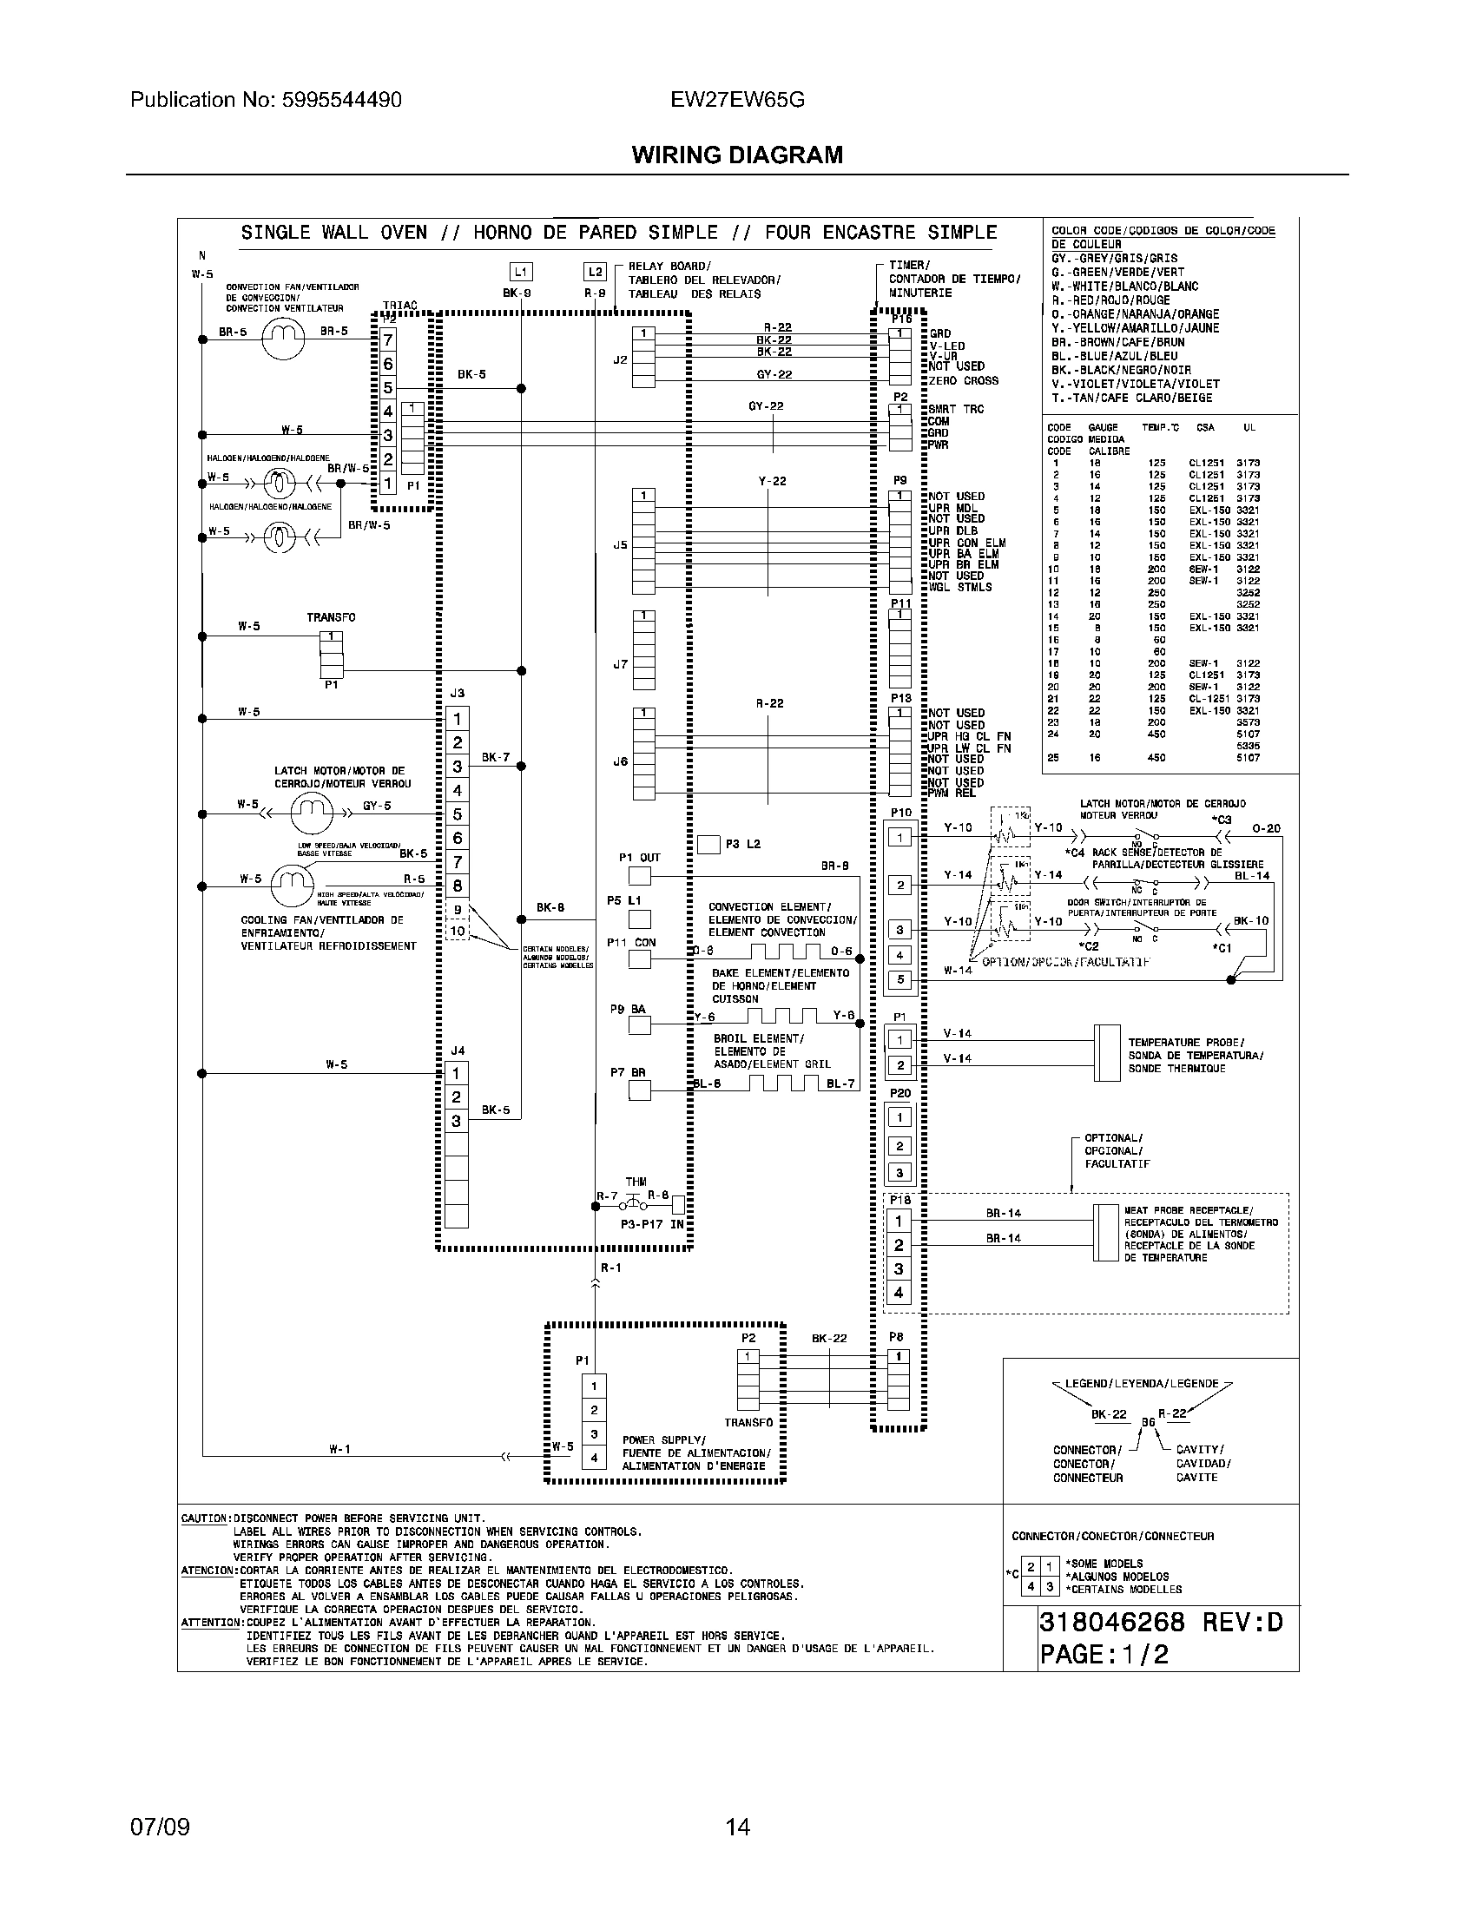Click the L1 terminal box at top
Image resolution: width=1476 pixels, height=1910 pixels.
(521, 272)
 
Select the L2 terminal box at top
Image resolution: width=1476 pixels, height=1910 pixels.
(595, 272)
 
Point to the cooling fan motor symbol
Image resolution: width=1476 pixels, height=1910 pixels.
(291, 885)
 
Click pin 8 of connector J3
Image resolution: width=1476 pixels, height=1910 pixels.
(457, 886)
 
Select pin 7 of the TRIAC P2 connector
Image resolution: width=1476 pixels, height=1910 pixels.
(388, 339)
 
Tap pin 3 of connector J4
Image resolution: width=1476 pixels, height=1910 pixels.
(456, 1121)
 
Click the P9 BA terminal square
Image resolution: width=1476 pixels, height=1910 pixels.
(640, 1025)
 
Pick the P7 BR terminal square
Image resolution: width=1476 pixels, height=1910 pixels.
(640, 1090)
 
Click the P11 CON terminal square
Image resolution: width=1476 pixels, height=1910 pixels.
(640, 959)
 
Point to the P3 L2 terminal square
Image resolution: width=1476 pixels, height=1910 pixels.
(708, 845)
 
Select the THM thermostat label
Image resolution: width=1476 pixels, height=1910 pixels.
(636, 1182)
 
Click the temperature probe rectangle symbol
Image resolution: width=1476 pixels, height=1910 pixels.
(1107, 1053)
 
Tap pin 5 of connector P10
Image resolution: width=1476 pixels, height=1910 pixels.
(900, 980)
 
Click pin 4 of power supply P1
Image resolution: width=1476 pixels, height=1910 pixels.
(594, 1458)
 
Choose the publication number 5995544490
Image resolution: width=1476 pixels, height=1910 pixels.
(342, 101)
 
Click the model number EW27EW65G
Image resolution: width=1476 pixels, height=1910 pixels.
(737, 101)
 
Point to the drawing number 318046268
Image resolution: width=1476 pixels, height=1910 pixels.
(1111, 1623)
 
